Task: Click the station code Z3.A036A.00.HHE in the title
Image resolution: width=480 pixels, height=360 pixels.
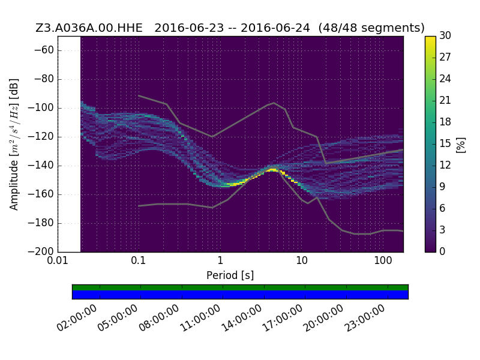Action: [89, 28]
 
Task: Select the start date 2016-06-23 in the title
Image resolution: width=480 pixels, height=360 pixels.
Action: [189, 28]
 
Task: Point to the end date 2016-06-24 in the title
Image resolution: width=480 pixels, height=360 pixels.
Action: [275, 28]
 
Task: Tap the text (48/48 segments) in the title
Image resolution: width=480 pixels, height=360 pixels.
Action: [371, 28]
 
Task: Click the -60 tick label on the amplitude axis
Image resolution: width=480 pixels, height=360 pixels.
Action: [44, 50]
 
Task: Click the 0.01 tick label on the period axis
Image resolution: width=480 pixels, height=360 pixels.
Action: [58, 260]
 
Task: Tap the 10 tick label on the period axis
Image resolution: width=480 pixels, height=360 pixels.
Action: [302, 260]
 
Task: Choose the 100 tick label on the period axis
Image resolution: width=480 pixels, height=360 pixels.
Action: [383, 260]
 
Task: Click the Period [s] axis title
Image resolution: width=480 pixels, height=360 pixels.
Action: [230, 275]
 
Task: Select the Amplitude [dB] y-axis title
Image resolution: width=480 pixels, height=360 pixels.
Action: [14, 144]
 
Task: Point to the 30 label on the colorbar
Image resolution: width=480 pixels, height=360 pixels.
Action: [445, 36]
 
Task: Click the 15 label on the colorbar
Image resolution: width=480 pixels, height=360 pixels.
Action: [445, 143]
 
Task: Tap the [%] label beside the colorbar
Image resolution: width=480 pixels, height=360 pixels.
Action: [461, 145]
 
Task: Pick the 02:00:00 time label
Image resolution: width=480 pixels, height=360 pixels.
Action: [77, 318]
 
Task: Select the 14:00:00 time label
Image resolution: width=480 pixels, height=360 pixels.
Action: [242, 318]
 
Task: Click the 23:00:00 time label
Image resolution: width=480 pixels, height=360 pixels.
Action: [365, 318]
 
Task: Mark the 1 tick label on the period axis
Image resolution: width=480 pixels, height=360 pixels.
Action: [220, 260]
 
